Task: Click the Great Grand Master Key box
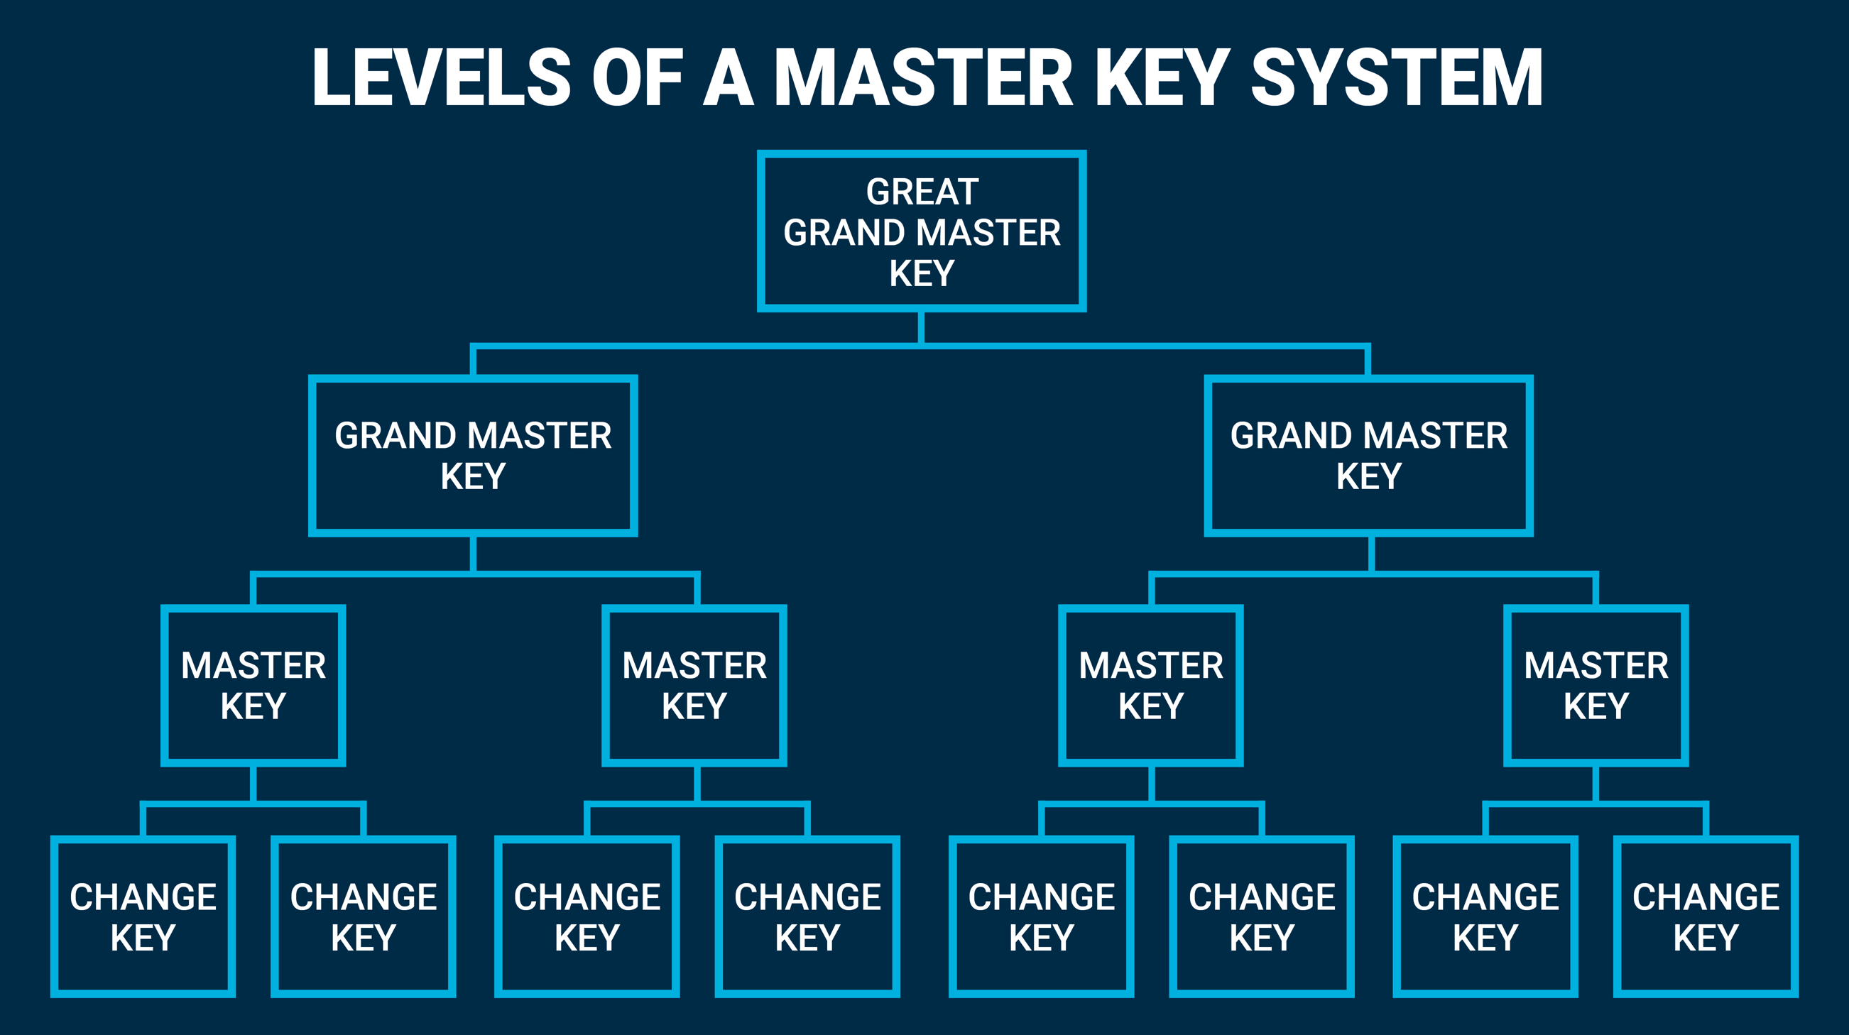[x=922, y=231]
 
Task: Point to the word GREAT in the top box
[x=922, y=192]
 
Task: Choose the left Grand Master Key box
[x=473, y=456]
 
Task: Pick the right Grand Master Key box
[x=1369, y=456]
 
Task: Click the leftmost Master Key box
[x=253, y=686]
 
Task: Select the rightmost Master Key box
[x=1596, y=686]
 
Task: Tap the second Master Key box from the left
[x=694, y=686]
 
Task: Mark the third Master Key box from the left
[x=1150, y=686]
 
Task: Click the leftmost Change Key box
[x=143, y=916]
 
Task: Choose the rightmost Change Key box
[x=1706, y=916]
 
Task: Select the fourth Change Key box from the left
[x=807, y=916]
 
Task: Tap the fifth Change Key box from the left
[x=1042, y=916]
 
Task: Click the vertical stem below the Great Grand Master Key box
[x=922, y=327]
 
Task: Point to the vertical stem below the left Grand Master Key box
[x=473, y=554]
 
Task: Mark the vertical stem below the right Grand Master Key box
[x=1371, y=554]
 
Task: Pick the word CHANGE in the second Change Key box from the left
[x=364, y=897]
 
